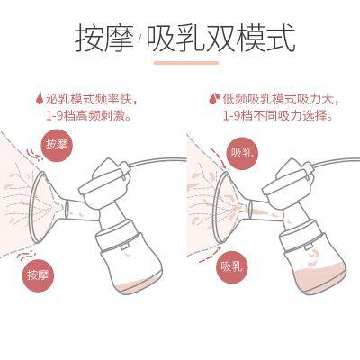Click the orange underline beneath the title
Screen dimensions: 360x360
pyautogui.click(x=185, y=63)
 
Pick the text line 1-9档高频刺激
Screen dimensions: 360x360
pyautogui.click(x=91, y=115)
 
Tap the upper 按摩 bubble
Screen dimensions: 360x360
pyautogui.click(x=57, y=143)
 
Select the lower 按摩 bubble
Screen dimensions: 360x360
pyautogui.click(x=38, y=274)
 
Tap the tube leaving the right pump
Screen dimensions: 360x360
pyautogui.click(x=333, y=169)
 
